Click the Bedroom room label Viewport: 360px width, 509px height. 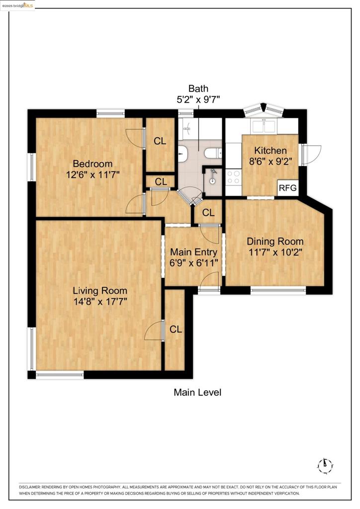coord(92,164)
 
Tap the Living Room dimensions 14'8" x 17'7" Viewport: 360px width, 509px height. coord(100,302)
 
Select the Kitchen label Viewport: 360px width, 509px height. coord(270,151)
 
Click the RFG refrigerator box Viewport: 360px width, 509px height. coord(287,187)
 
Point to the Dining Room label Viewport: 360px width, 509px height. coord(275,241)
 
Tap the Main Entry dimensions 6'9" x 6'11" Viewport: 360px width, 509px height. coord(193,262)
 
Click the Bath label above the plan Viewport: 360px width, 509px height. coord(198,88)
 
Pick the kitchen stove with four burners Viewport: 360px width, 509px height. coord(233,177)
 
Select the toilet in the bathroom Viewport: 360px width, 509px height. coord(213,153)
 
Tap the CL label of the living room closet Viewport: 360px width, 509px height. coord(176,329)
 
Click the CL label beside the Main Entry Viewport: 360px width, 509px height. coord(208,213)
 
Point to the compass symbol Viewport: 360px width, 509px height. coord(325,466)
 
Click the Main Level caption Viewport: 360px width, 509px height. coord(197,392)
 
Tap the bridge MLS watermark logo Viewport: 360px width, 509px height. coord(18,5)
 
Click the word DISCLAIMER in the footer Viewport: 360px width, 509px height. coord(29,487)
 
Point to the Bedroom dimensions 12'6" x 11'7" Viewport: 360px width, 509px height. coord(92,174)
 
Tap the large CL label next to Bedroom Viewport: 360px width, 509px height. coord(160,141)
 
